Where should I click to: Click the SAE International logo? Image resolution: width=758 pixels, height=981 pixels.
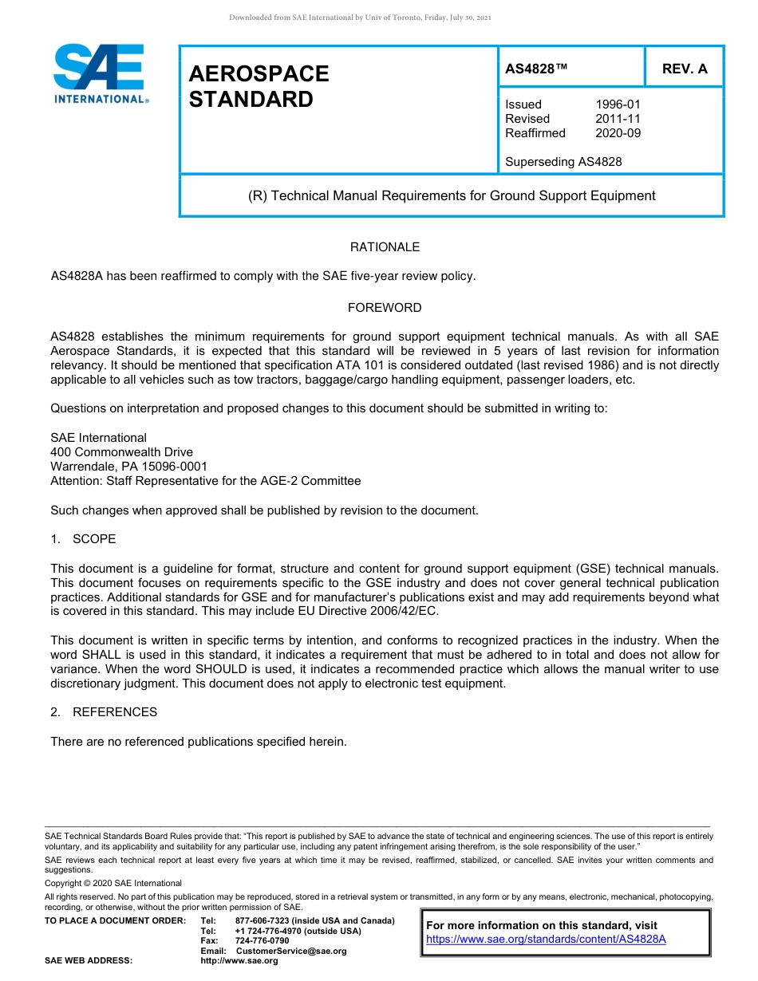pos(100,73)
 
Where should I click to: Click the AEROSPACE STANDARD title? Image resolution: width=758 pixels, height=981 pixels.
pos(259,86)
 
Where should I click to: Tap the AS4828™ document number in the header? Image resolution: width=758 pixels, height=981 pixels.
pos(536,69)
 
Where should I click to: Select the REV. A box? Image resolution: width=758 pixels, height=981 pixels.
pos(685,69)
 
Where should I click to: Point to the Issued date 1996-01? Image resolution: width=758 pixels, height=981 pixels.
pos(618,104)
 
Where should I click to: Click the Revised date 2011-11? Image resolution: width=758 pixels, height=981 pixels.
pos(618,119)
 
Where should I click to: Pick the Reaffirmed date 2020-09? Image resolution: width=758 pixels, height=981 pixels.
pos(618,133)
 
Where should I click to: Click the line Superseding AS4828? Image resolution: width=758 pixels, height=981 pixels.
pos(563,162)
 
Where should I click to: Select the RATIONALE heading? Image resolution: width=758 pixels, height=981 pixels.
pos(385,247)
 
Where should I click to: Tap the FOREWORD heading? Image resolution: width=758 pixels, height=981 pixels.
pos(385,308)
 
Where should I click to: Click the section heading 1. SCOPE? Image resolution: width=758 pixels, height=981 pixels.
pos(83,539)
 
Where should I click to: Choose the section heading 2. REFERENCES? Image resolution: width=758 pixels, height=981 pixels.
pos(104,712)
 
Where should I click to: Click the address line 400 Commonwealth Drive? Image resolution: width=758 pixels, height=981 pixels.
pos(121,452)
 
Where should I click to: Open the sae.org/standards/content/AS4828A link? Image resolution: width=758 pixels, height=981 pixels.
pos(546,939)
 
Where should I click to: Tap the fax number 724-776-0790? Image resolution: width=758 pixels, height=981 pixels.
pos(262,941)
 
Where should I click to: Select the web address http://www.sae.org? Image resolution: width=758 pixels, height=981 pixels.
pos(239,960)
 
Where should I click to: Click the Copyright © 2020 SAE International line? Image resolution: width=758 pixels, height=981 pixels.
pos(113,883)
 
